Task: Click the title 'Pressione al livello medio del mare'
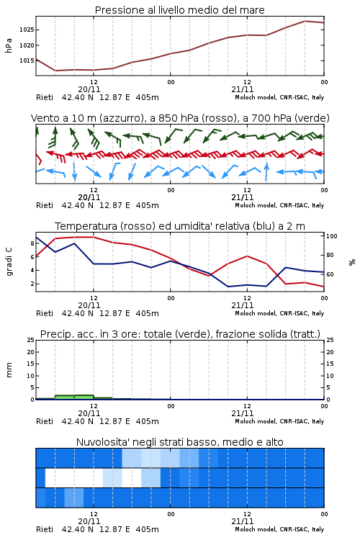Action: click(x=179, y=10)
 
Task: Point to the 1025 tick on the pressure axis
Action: click(x=27, y=30)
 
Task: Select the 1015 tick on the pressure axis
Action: click(x=27, y=60)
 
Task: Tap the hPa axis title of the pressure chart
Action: click(x=9, y=45)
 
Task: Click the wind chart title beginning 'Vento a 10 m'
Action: click(x=180, y=118)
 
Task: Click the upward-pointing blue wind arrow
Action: click(x=266, y=171)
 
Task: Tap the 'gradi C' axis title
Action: click(x=9, y=261)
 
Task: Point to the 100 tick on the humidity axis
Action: click(x=332, y=236)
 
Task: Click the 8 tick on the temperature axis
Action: click(x=32, y=243)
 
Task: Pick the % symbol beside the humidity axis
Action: click(x=352, y=262)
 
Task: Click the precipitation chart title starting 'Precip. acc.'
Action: click(x=180, y=334)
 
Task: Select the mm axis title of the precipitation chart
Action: click(x=9, y=370)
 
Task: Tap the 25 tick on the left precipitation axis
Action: click(x=31, y=340)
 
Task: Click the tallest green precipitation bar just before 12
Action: click(x=84, y=397)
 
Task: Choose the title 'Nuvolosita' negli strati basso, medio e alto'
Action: click(x=179, y=442)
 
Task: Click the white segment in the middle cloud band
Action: click(x=74, y=477)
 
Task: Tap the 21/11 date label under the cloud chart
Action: click(x=243, y=521)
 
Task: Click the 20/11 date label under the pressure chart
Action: click(x=89, y=89)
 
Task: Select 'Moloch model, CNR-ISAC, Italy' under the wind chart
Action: click(x=279, y=205)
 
